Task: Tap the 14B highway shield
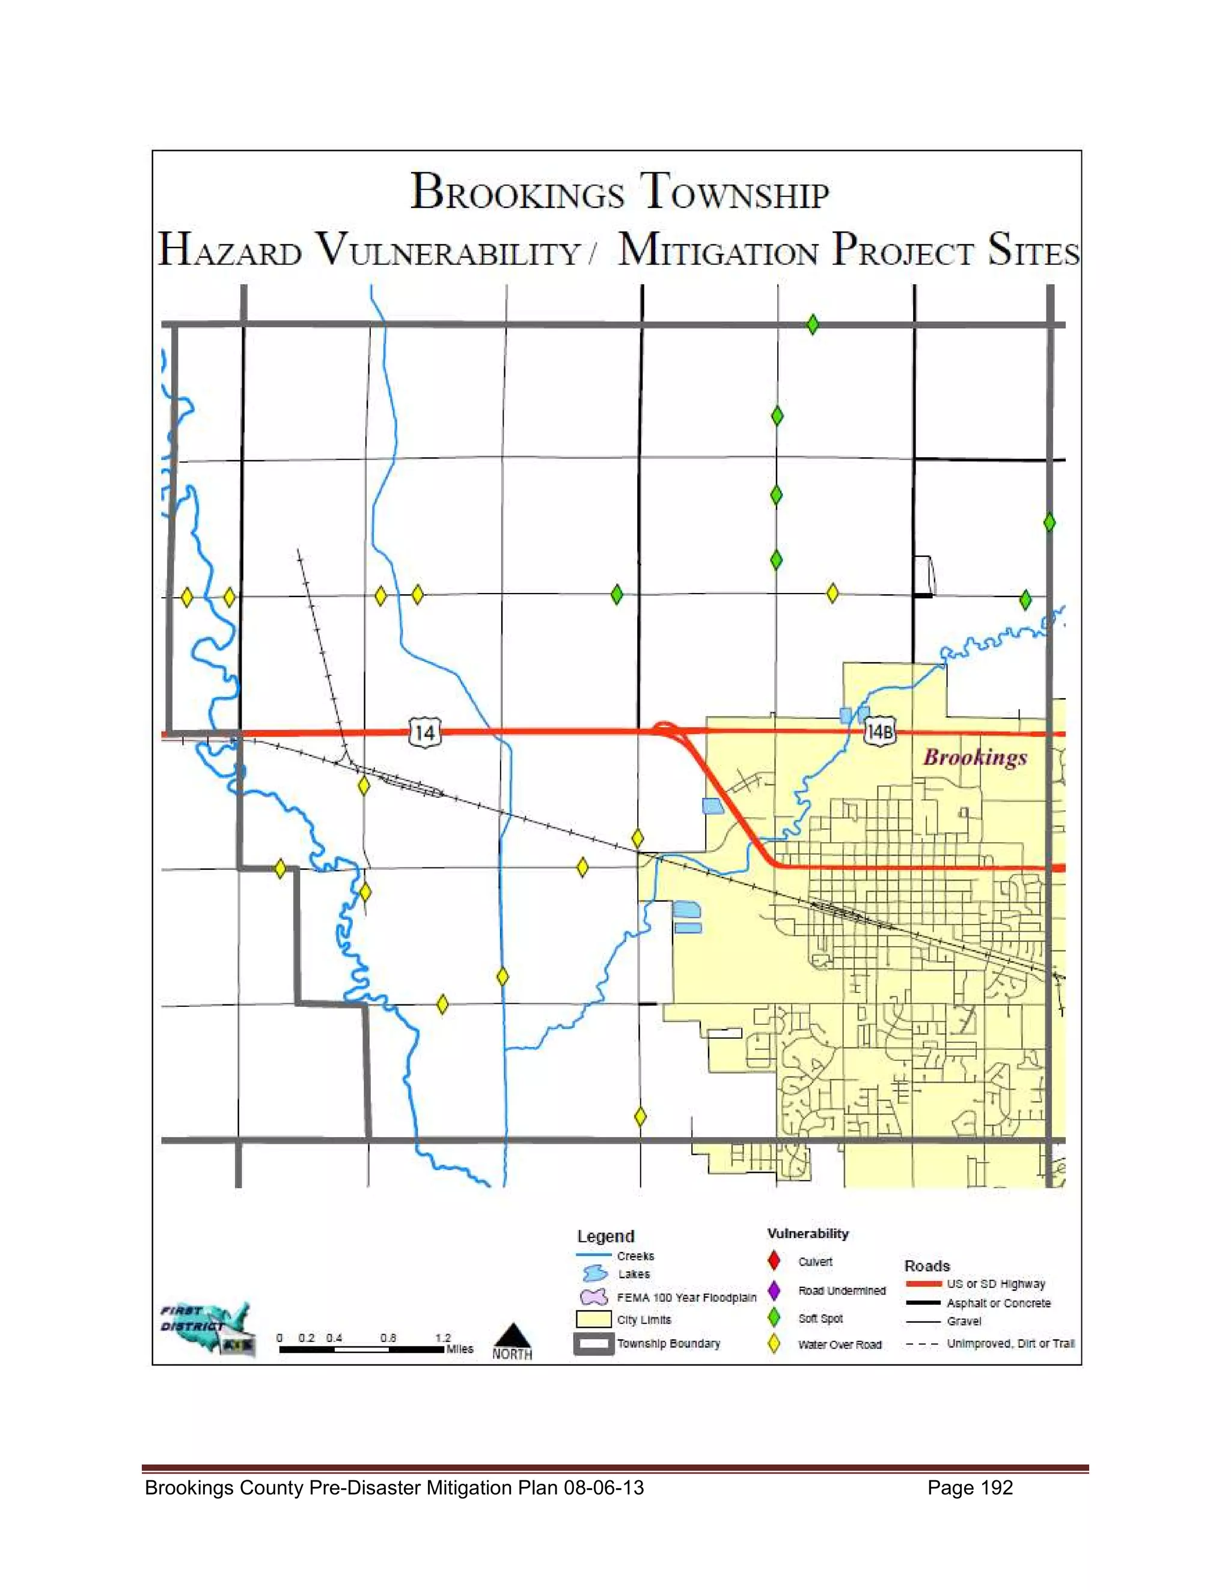(879, 731)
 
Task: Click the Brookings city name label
(975, 758)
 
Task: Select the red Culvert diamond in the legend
(774, 1260)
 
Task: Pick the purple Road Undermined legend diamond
(774, 1290)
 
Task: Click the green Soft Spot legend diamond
(774, 1318)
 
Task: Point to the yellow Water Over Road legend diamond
(774, 1344)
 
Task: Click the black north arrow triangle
(513, 1335)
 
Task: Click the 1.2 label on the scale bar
(442, 1338)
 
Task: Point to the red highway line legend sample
(923, 1284)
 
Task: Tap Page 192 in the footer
(970, 1487)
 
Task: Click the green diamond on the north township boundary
(813, 324)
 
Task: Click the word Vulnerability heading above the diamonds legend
(807, 1233)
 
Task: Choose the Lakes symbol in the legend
(594, 1274)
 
